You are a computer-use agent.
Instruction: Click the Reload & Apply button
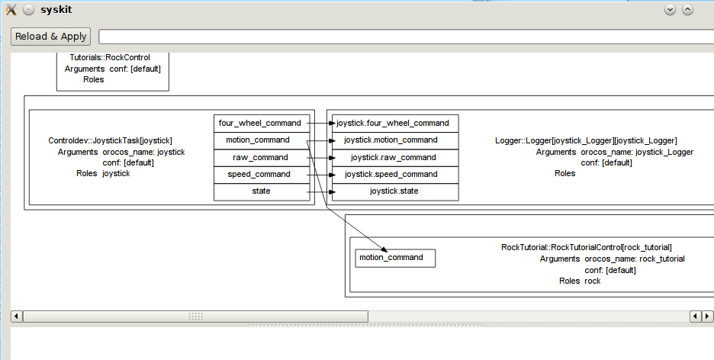point(50,37)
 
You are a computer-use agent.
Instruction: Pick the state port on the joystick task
point(262,191)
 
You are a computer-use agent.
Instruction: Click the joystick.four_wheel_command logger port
point(395,123)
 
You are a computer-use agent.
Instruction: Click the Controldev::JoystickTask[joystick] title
point(110,140)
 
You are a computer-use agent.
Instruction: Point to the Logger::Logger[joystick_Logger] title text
point(586,140)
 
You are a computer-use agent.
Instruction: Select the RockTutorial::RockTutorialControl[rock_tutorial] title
point(587,247)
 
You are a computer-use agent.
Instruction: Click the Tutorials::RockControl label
point(110,57)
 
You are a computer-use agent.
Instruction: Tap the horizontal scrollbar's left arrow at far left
point(16,316)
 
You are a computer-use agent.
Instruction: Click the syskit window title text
point(56,10)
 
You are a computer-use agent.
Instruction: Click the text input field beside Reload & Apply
point(406,37)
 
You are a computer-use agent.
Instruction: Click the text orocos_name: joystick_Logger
point(637,152)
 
